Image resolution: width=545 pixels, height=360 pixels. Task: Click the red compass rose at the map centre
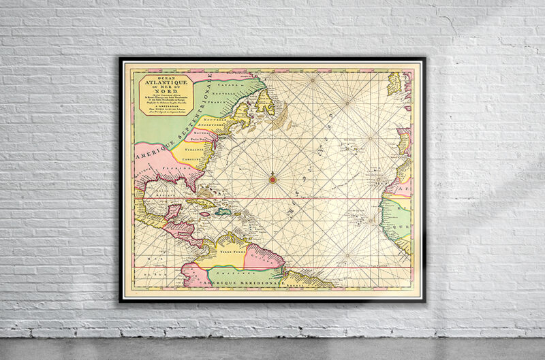272,180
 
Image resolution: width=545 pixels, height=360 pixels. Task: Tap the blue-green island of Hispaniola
223,211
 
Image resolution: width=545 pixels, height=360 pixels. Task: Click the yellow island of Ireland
395,84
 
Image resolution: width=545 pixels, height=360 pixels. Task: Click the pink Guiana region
264,257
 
